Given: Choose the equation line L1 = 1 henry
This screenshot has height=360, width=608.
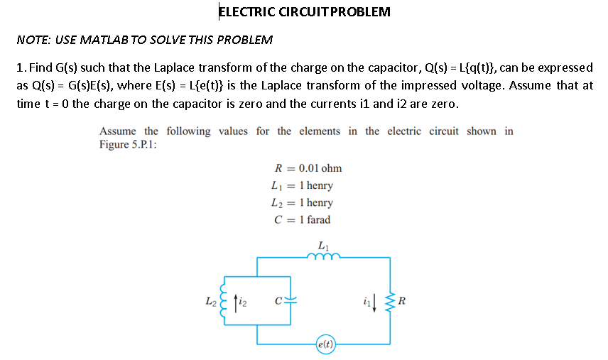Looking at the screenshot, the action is click(x=302, y=185).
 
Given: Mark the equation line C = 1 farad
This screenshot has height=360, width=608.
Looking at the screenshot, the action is click(x=302, y=219).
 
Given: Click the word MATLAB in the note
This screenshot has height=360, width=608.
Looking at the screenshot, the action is click(x=100, y=39).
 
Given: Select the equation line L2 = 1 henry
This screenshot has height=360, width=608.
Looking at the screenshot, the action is click(x=302, y=202).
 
